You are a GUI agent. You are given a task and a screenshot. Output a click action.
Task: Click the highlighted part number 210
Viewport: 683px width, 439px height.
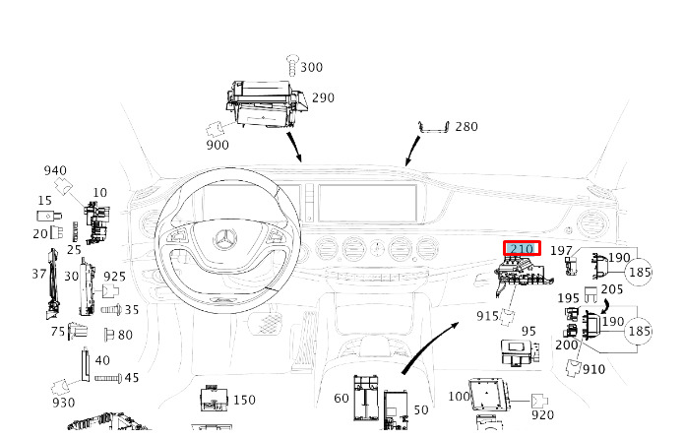(x=522, y=249)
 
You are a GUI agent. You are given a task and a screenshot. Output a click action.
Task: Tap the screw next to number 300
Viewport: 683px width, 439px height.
(x=292, y=65)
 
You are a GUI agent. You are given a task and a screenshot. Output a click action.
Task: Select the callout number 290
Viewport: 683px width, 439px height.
(x=323, y=97)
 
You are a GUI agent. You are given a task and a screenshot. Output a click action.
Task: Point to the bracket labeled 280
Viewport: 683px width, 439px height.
(x=433, y=127)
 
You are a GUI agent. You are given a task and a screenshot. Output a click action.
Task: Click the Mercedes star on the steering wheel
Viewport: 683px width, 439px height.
(x=225, y=240)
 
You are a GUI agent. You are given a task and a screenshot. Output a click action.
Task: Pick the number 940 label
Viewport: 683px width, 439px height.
(x=55, y=170)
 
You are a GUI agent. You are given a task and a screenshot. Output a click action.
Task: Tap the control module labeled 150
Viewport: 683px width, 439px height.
(x=214, y=398)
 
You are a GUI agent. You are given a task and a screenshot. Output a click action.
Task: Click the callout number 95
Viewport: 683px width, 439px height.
(x=528, y=331)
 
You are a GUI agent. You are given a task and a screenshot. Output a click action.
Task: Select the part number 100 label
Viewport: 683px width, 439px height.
(x=460, y=397)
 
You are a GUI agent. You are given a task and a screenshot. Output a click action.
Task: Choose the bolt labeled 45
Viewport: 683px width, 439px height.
(x=108, y=379)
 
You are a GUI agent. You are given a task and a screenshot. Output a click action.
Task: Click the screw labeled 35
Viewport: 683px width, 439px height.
(x=111, y=310)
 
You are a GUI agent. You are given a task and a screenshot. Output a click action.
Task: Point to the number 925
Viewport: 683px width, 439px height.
(x=114, y=277)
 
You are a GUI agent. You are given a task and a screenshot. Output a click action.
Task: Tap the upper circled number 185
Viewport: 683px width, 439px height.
(x=640, y=273)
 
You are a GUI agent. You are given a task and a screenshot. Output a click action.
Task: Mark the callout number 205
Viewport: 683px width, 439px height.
(x=612, y=289)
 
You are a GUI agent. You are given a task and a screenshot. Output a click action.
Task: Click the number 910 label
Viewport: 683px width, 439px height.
(x=594, y=369)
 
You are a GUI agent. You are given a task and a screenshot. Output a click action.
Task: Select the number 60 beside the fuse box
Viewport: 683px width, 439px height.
(x=341, y=398)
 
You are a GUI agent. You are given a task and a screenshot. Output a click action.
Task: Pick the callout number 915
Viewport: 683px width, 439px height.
(x=487, y=316)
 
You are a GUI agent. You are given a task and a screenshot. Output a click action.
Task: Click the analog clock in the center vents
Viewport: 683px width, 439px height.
(x=377, y=249)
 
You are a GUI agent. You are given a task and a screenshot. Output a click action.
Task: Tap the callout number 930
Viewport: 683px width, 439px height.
(x=64, y=403)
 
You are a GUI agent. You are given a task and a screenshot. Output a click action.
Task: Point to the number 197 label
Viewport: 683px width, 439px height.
(x=561, y=250)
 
